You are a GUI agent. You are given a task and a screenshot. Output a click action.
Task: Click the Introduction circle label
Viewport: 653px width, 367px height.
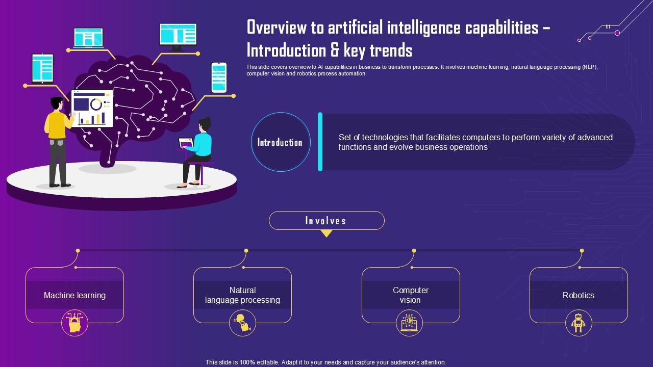click(x=280, y=142)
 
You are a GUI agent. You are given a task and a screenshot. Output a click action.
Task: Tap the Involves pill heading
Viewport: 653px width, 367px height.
click(x=326, y=221)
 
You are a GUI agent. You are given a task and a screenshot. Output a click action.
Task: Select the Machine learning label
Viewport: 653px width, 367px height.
click(x=74, y=295)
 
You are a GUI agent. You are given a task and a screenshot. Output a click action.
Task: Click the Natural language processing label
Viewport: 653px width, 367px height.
click(x=242, y=295)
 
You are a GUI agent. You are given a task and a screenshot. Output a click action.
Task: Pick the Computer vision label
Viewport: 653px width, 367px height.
click(x=410, y=295)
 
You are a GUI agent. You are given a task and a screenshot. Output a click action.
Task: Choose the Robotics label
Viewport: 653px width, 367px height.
click(x=578, y=295)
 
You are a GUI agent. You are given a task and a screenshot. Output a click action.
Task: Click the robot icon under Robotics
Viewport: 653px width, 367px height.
click(x=578, y=323)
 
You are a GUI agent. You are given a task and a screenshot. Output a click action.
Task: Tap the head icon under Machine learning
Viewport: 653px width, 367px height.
click(x=74, y=323)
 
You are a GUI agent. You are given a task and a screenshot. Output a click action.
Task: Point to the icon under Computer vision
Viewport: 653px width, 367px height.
click(x=410, y=323)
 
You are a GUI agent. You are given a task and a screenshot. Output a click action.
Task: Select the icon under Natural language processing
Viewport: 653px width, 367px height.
click(x=242, y=323)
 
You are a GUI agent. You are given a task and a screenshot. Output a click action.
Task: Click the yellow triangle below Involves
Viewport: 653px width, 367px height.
click(x=326, y=233)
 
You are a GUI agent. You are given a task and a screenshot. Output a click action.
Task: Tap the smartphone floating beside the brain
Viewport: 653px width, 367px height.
click(x=218, y=77)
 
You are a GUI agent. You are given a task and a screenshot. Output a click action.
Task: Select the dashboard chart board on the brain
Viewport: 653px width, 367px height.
click(x=92, y=108)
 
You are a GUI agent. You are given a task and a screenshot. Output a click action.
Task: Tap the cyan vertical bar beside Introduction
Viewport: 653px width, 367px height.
click(x=320, y=142)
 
